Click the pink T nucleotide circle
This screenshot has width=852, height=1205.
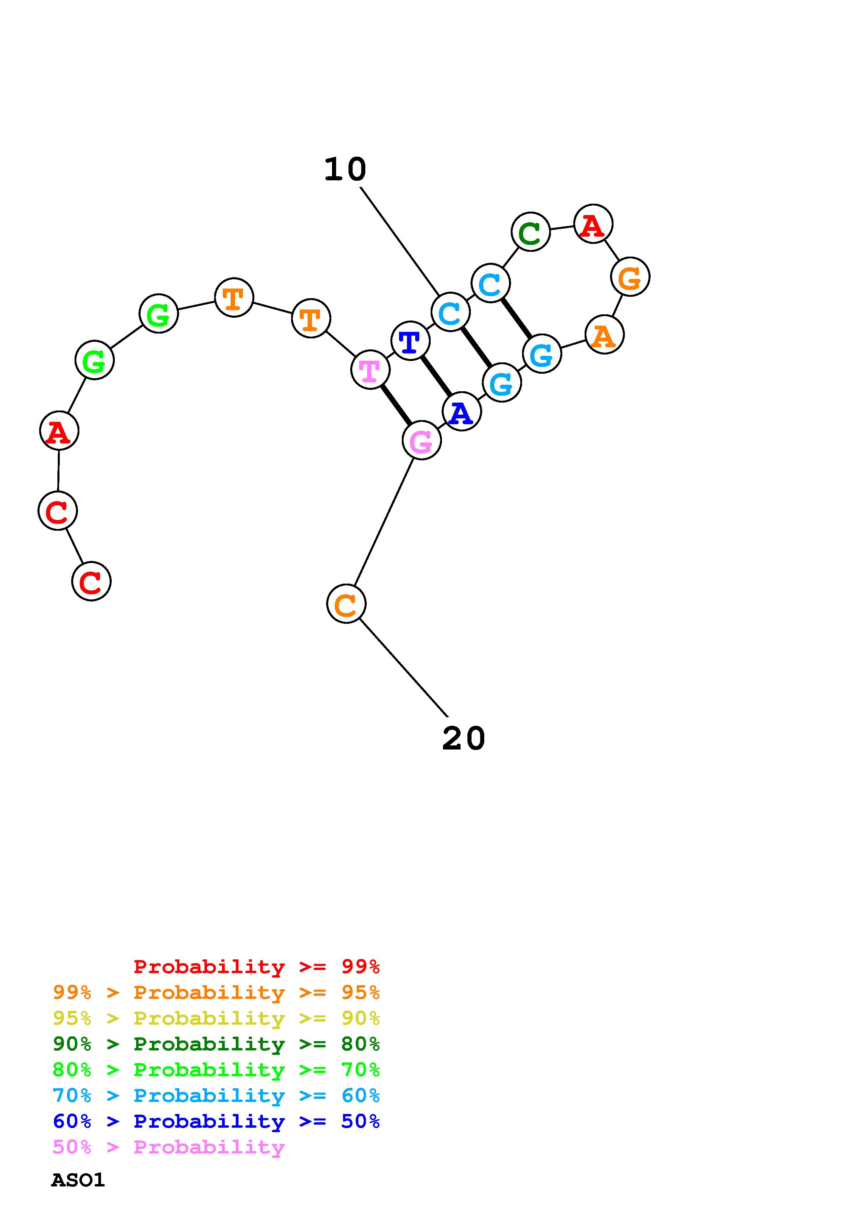click(x=370, y=370)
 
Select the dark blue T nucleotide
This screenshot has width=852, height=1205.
click(x=410, y=341)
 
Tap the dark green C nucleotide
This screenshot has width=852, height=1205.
click(x=530, y=232)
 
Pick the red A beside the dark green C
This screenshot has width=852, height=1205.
click(x=593, y=224)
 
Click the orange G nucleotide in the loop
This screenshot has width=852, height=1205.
click(x=630, y=277)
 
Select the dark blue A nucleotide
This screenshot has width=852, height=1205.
click(x=462, y=412)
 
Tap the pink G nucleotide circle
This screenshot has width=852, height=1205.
click(x=422, y=440)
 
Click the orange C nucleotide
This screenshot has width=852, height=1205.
click(x=346, y=604)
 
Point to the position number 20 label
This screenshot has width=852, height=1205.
click(x=464, y=739)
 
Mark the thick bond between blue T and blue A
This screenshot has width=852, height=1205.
click(x=436, y=376)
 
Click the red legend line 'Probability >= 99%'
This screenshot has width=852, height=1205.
click(x=256, y=967)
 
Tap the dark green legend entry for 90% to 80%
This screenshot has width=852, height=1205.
click(x=216, y=1044)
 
